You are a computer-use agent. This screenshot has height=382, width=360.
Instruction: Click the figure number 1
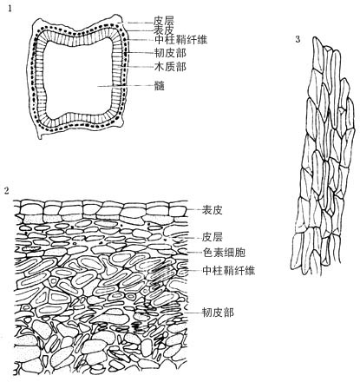pyautogui.click(x=10, y=9)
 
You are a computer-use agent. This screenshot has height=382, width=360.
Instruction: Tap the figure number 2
pyautogui.click(x=7, y=190)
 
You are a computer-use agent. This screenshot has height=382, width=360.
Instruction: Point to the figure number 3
pyautogui.click(x=298, y=39)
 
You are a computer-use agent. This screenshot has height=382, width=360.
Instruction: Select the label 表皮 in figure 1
pyautogui.click(x=164, y=30)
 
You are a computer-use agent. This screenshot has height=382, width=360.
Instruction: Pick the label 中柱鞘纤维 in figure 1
pyautogui.click(x=181, y=39)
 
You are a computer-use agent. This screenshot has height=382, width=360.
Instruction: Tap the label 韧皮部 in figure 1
pyautogui.click(x=170, y=53)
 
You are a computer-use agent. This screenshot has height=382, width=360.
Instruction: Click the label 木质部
pyautogui.click(x=170, y=67)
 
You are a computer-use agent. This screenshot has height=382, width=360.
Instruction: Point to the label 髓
pyautogui.click(x=160, y=86)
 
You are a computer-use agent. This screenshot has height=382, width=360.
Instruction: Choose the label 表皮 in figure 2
pyautogui.click(x=213, y=210)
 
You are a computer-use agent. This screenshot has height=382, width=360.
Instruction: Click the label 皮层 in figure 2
pyautogui.click(x=213, y=238)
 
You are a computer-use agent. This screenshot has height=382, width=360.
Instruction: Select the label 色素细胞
pyautogui.click(x=224, y=253)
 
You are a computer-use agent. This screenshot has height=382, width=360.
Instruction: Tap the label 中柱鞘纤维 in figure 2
pyautogui.click(x=229, y=270)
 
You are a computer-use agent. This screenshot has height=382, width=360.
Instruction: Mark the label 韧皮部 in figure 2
pyautogui.click(x=218, y=313)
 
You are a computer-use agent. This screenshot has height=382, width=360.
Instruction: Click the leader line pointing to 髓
pyautogui.click(x=126, y=86)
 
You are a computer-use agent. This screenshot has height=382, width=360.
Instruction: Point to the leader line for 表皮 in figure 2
pyautogui.click(x=193, y=209)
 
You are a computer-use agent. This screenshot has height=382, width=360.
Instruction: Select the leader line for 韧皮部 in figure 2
pyautogui.click(x=193, y=313)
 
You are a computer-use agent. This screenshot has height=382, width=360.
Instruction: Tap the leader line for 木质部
pyautogui.click(x=136, y=67)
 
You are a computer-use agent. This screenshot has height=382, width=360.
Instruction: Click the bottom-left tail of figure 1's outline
pyautogui.click(x=40, y=137)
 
